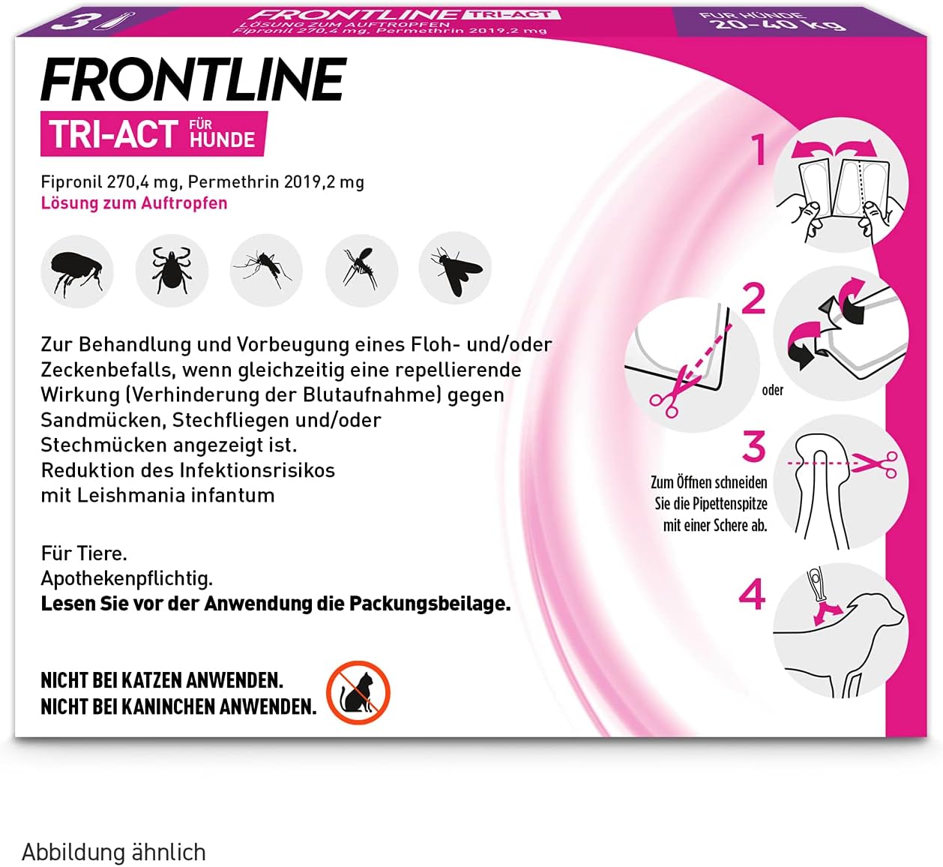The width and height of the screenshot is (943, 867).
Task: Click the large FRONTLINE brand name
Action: [x=193, y=80]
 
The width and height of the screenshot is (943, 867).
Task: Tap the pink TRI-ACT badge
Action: [x=154, y=134]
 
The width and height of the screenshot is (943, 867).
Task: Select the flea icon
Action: [x=77, y=271]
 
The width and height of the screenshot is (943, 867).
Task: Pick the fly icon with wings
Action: [x=455, y=269]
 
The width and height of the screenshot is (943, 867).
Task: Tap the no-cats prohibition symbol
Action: [x=358, y=692]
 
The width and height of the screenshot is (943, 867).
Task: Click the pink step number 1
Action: [x=759, y=149]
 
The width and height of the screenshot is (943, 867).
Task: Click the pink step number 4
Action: [x=752, y=595]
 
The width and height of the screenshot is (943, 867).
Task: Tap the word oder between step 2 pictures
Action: [x=772, y=391]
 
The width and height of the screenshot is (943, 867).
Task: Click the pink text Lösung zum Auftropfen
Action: [x=134, y=203]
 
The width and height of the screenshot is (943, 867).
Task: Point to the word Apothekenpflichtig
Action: [x=127, y=579]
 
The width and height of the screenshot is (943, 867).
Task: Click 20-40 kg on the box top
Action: [x=780, y=23]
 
